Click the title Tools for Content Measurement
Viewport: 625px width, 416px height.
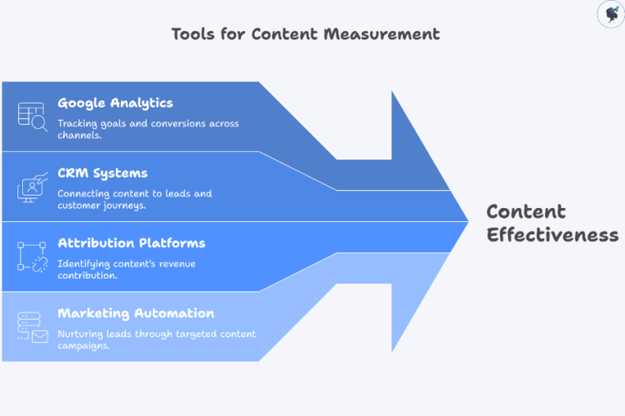[x=305, y=34]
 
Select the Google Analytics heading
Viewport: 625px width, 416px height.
[x=115, y=103]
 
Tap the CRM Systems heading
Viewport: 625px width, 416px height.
[x=103, y=173]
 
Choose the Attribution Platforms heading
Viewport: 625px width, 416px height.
[x=132, y=243]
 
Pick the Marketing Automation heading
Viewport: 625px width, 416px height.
[x=136, y=313]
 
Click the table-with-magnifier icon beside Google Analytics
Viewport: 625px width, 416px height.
[x=33, y=116]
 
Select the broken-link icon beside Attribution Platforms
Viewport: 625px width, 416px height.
[x=33, y=257]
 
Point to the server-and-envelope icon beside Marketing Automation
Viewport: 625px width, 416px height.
[x=33, y=326]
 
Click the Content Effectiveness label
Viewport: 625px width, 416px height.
[x=552, y=223]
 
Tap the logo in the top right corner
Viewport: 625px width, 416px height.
[x=610, y=14]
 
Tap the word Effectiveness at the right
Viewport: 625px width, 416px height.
[x=552, y=234]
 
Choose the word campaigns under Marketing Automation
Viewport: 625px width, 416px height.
[x=84, y=345]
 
